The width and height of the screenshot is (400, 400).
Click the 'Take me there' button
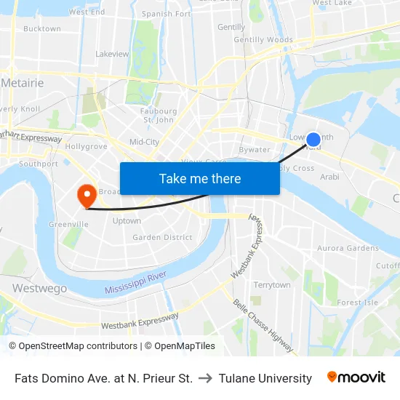coord(200,179)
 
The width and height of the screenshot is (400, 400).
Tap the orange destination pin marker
coord(86,194)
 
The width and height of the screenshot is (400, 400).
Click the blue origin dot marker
coord(313,140)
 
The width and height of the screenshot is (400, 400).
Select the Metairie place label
coord(23,83)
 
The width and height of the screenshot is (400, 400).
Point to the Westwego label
coord(40,289)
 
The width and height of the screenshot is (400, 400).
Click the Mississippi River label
coord(135,284)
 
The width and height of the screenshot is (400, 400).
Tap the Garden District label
coord(162,237)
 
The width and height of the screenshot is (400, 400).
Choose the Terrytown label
coord(272,285)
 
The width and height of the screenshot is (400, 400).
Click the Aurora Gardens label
coord(348,248)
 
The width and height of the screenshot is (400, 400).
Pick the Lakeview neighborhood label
coord(112,54)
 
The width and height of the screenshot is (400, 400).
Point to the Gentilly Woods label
coord(263,40)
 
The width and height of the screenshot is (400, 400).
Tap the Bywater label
coord(255,150)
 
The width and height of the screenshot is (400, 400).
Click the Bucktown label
coord(42,29)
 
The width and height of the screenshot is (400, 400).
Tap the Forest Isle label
coord(358,303)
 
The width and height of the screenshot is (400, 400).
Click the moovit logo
coord(356,377)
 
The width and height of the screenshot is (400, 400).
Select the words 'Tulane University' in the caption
coord(265,378)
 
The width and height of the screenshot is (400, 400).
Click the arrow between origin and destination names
coord(206,378)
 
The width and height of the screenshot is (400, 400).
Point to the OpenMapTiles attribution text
coord(180,346)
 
